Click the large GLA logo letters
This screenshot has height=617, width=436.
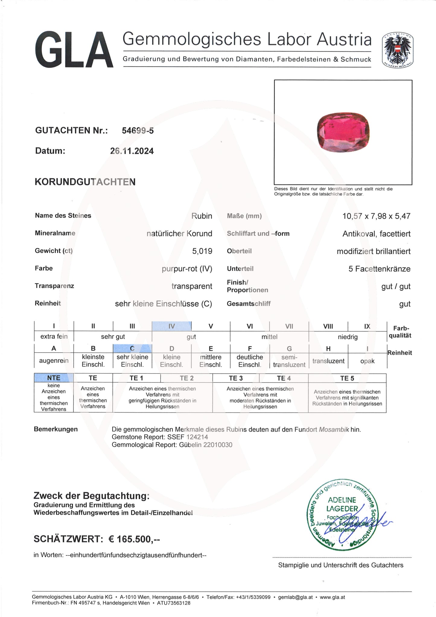pyautogui.click(x=74, y=50)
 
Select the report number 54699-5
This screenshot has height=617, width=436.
pyautogui.click(x=138, y=130)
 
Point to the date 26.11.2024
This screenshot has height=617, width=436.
pyautogui.click(x=132, y=151)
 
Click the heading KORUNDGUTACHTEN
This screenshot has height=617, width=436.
pyautogui.click(x=85, y=182)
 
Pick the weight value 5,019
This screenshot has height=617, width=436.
pyautogui.click(x=202, y=251)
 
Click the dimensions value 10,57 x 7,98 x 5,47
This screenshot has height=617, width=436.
pyautogui.click(x=376, y=216)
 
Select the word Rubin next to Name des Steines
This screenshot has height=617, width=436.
pyautogui.click(x=202, y=216)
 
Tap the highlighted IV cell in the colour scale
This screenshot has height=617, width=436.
pyautogui.click(x=171, y=326)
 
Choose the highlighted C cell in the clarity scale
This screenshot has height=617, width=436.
pyautogui.click(x=132, y=349)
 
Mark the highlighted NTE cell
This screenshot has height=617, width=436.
pyautogui.click(x=54, y=378)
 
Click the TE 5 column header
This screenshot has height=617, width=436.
pyautogui.click(x=347, y=378)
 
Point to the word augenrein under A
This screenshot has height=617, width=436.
pyautogui.click(x=54, y=361)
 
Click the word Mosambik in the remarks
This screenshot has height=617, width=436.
pyautogui.click(x=334, y=429)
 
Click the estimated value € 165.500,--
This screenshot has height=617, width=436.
pyautogui.click(x=134, y=539)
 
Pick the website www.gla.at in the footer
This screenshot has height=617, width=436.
pyautogui.click(x=332, y=597)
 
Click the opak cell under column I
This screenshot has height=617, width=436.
pyautogui.click(x=367, y=361)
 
